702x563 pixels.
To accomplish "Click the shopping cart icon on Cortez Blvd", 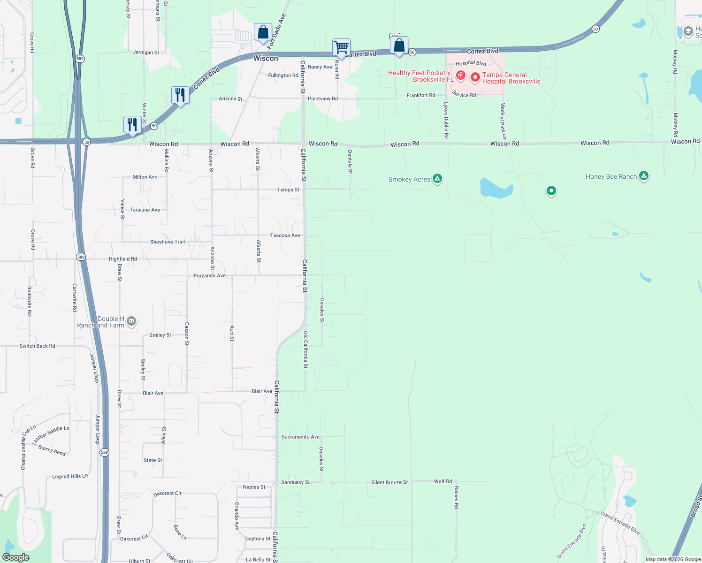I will [341, 47].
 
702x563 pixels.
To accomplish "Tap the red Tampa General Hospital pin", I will [475, 77].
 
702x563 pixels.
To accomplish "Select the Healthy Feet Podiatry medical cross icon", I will [461, 76].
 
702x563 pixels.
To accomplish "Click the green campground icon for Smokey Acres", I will [437, 178].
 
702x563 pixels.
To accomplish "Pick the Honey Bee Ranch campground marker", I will [644, 176].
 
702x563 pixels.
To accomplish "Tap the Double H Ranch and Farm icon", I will [131, 321].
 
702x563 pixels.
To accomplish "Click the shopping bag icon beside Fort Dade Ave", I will [263, 32].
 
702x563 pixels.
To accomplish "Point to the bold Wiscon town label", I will [266, 58].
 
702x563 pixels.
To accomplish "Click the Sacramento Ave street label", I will [300, 437].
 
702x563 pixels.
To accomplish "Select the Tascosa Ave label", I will [285, 236].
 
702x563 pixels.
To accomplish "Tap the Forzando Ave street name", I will [210, 276].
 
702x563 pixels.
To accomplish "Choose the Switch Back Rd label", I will [37, 346].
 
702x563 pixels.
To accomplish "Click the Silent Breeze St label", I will [389, 482].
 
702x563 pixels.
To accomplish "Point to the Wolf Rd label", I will [443, 481].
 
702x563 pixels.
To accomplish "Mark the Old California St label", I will [305, 350].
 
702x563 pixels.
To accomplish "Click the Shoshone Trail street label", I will [168, 242].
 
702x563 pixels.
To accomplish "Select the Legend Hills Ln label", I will [70, 477].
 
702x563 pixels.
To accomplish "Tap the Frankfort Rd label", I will [420, 95].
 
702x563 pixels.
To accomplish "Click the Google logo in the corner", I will [15, 557].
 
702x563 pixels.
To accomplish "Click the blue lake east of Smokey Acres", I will [496, 189].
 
